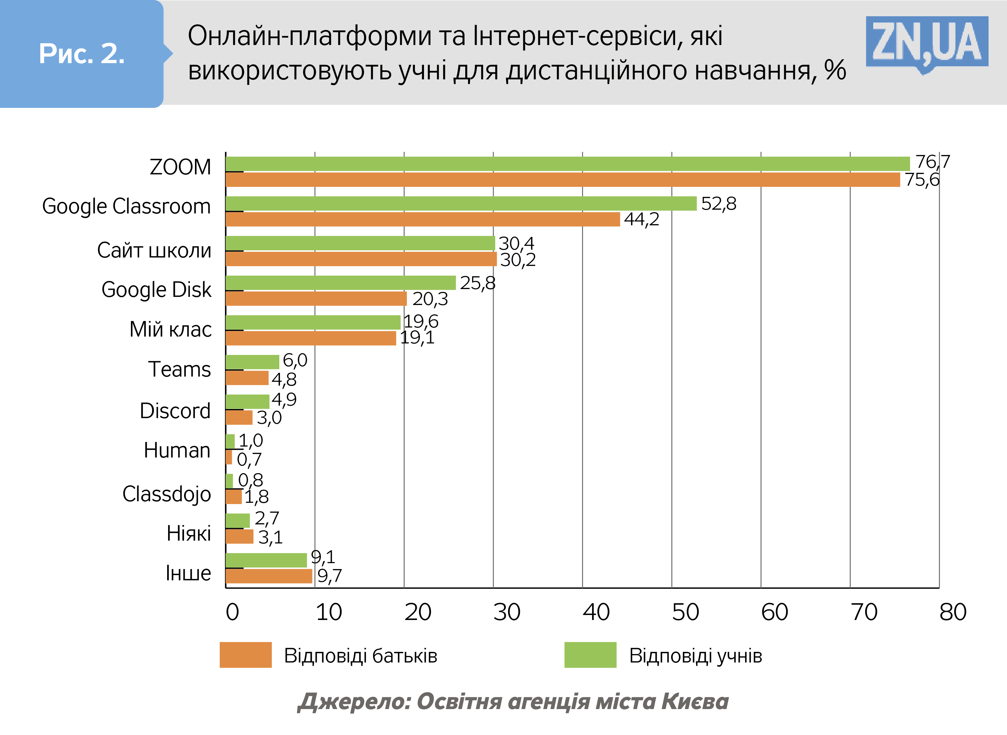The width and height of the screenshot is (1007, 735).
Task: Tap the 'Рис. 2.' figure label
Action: (82, 54)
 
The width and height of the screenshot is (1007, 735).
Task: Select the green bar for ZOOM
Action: (567, 164)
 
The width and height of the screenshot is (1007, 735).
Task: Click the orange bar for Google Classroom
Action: (422, 219)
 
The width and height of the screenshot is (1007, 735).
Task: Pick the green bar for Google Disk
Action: (341, 282)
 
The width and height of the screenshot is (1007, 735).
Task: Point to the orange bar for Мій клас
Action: (311, 338)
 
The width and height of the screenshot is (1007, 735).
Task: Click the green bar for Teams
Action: (252, 362)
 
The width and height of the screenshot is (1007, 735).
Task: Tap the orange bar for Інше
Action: (269, 576)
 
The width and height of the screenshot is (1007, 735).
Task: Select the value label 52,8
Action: (718, 204)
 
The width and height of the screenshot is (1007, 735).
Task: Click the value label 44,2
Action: (641, 219)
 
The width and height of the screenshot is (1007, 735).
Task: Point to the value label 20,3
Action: (430, 299)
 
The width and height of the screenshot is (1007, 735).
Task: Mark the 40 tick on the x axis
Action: (596, 612)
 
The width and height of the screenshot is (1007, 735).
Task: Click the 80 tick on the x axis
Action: (953, 612)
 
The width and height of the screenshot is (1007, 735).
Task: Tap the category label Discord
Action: (175, 411)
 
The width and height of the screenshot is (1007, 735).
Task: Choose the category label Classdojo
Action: (166, 494)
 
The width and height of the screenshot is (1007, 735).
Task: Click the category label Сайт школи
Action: (154, 250)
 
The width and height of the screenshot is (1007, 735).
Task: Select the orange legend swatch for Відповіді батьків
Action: (246, 655)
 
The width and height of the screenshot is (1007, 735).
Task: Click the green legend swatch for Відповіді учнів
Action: (590, 655)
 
